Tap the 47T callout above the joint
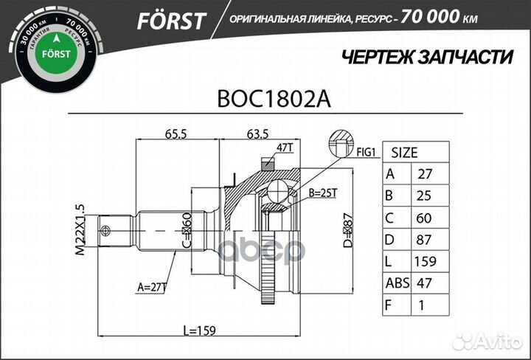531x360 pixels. pos(285,148)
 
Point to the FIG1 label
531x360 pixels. pos(367,153)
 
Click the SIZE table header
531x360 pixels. pos(403,153)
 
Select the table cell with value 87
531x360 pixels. pos(426,239)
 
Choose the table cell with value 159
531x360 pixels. pos(426,261)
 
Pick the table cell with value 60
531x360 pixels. pos(426,218)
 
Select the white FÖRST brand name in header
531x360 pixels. pos(170,21)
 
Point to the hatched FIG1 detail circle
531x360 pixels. pos(341,142)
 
